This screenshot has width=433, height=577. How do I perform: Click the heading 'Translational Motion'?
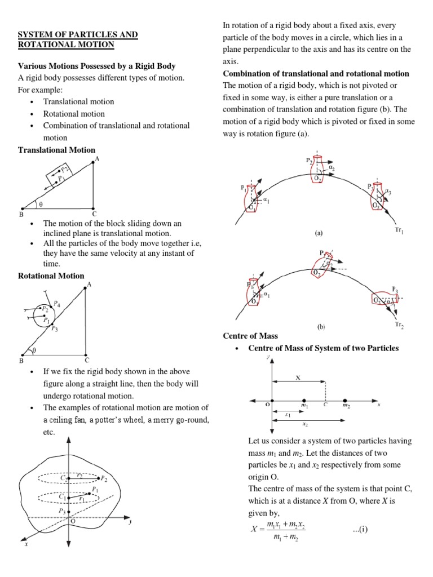pyautogui.click(x=57, y=150)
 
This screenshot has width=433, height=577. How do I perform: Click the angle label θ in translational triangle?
pyautogui.click(x=40, y=204)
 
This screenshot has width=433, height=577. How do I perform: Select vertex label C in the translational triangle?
pyautogui.click(x=94, y=214)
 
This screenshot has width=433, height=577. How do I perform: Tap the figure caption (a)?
pyautogui.click(x=319, y=232)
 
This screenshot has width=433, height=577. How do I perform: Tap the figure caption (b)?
pyautogui.click(x=319, y=326)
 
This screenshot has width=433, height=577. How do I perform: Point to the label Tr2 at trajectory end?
pyautogui.click(x=399, y=325)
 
